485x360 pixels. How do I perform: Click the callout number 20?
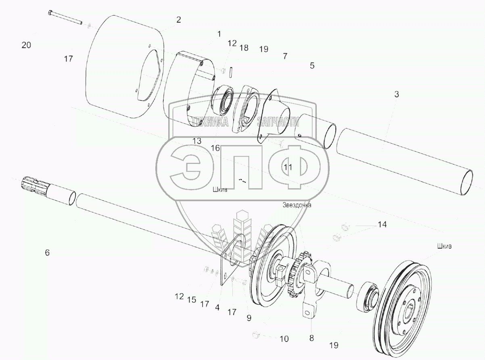pyautogui.click(x=26, y=45)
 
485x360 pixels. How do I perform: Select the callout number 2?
pyautogui.click(x=178, y=19)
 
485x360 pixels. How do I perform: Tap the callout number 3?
pyautogui.click(x=397, y=94)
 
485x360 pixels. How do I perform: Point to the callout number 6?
pyautogui.click(x=47, y=253)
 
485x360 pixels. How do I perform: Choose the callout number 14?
pyautogui.click(x=382, y=225)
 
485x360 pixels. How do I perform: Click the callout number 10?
pyautogui.click(x=284, y=339)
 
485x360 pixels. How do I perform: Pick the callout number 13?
pyautogui.click(x=197, y=141)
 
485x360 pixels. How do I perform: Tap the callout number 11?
pyautogui.click(x=288, y=166)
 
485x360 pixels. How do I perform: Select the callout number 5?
pyautogui.click(x=312, y=65)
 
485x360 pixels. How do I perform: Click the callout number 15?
pyautogui.click(x=191, y=300)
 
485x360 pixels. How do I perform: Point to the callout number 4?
pyautogui.click(x=217, y=308)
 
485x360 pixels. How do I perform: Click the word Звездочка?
pyautogui.click(x=297, y=205)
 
